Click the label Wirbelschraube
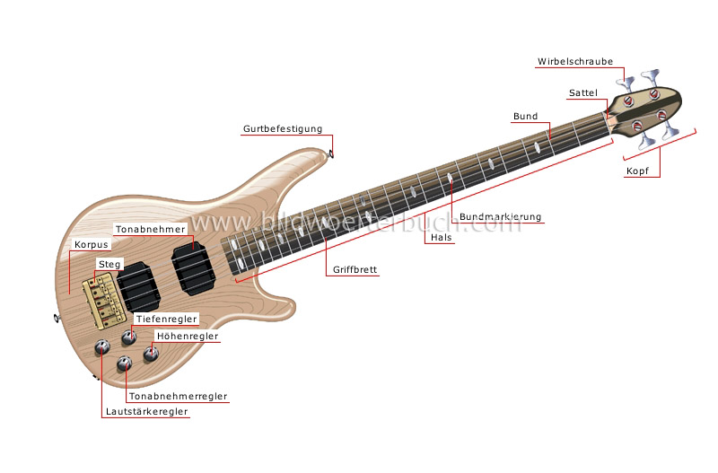[x=575, y=62]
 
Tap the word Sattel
[x=582, y=93]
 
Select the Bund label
[x=525, y=117]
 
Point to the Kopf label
[x=637, y=171]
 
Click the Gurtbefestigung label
[x=283, y=129]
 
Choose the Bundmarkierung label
[x=500, y=217]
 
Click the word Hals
[x=442, y=238]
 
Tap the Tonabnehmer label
[x=150, y=229]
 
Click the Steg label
[x=109, y=264]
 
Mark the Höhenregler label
[x=187, y=337]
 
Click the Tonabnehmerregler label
[x=178, y=396]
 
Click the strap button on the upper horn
[x=333, y=153]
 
